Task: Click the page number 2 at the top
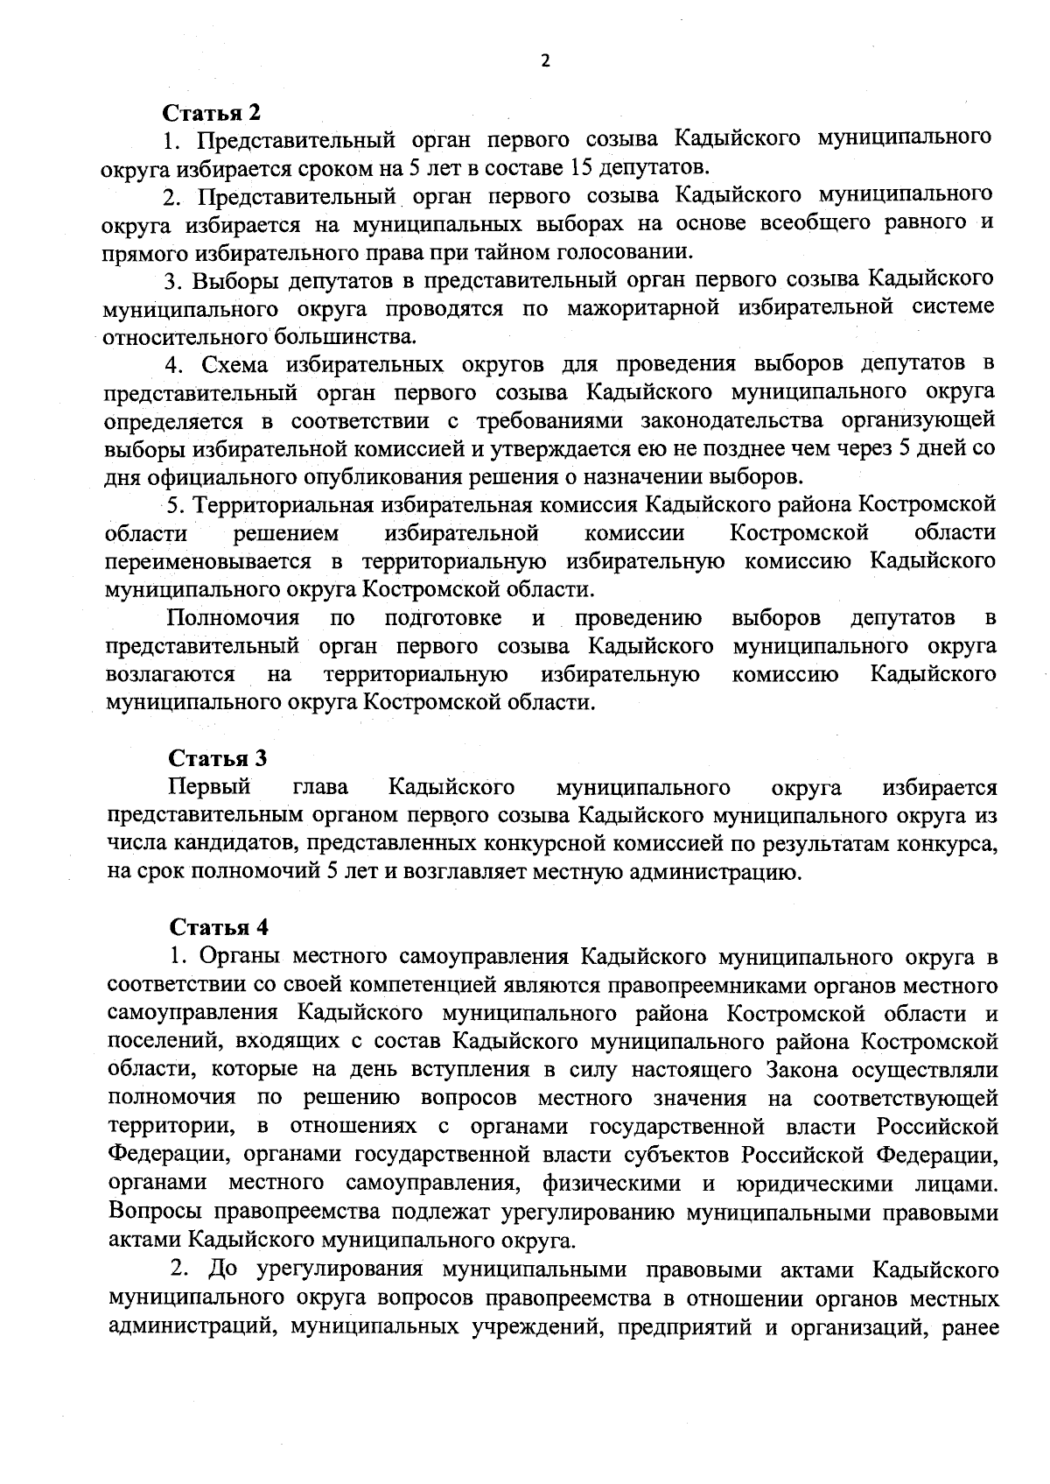(546, 60)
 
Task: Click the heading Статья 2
(213, 113)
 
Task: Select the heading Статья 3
(217, 758)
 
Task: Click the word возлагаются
(169, 675)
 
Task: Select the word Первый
(210, 787)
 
